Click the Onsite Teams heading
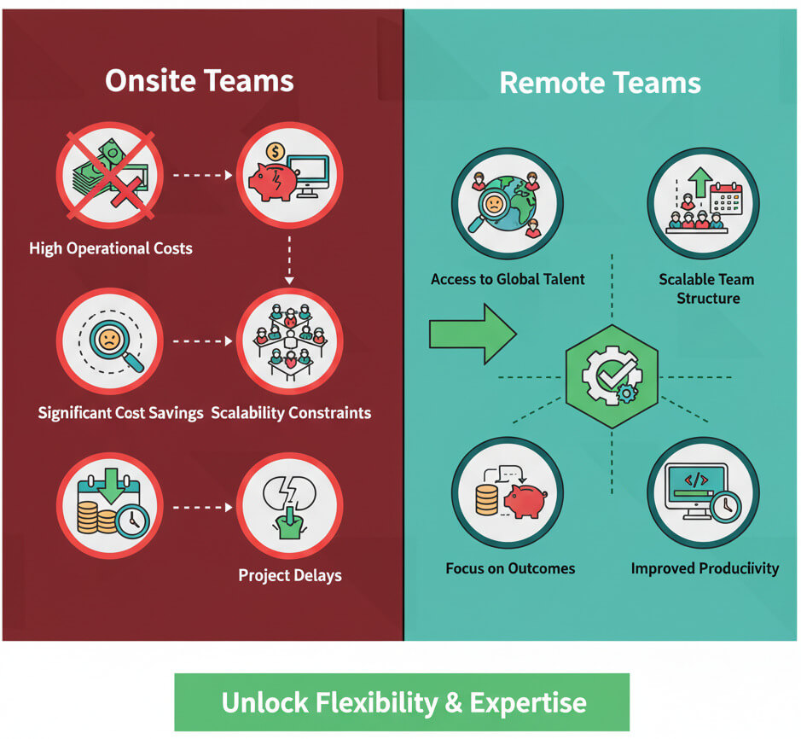click(x=200, y=81)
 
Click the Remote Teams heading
click(x=600, y=83)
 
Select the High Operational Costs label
click(x=111, y=249)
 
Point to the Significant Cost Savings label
click(x=121, y=413)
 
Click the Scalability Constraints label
click(x=291, y=413)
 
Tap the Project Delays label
click(x=290, y=575)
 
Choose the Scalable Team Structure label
click(x=706, y=288)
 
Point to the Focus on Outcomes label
click(x=510, y=568)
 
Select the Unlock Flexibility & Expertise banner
click(x=403, y=702)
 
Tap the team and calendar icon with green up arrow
click(x=703, y=203)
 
